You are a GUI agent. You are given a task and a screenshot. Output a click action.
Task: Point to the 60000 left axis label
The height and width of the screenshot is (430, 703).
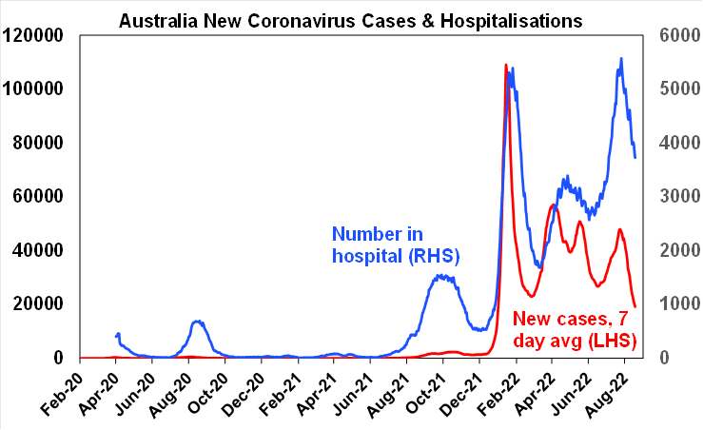point(44,196)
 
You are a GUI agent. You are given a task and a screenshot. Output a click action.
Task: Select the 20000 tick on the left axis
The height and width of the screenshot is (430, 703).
point(44,303)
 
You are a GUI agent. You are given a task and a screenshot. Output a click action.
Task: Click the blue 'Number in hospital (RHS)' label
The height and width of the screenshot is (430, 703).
point(395,244)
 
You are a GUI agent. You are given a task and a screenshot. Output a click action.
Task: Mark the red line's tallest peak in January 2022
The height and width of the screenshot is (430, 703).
point(505,65)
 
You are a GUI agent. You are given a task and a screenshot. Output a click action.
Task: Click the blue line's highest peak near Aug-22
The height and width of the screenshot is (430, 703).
point(621,58)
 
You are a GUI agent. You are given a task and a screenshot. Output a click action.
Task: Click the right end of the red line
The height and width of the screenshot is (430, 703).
point(635,306)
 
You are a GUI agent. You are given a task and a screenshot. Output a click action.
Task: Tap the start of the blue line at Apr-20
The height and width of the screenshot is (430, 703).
point(117,334)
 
